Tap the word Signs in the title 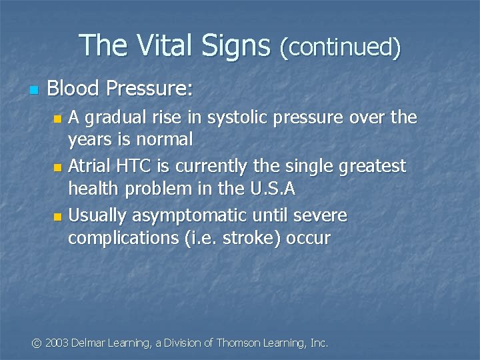point(236,45)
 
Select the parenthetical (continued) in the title point(340,47)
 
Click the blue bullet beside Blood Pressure point(34,89)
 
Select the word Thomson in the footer point(240,343)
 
